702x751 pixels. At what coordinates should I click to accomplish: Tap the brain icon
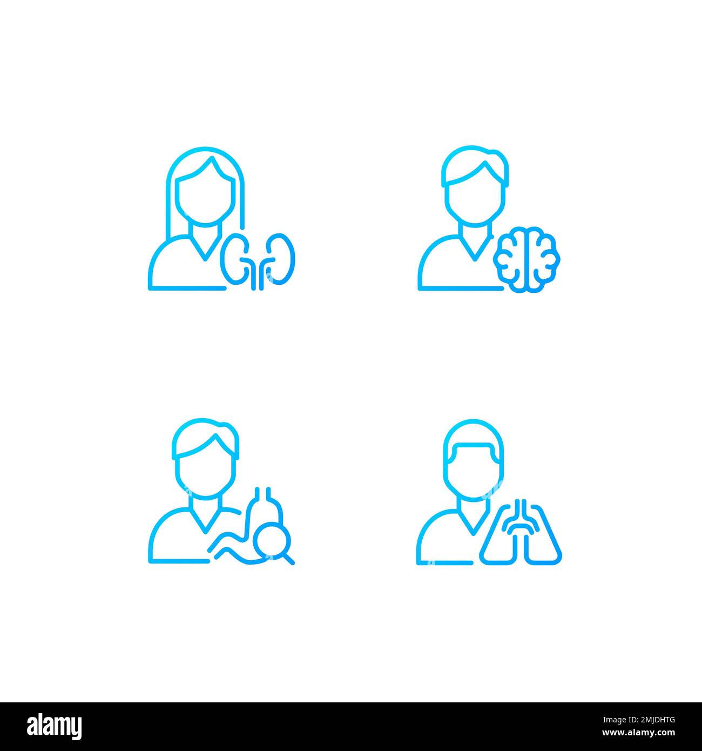pos(526,259)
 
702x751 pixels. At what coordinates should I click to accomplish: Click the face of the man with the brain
pos(475,198)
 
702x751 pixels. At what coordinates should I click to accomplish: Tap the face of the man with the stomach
pos(205,473)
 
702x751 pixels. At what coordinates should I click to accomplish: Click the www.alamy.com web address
pos(638,733)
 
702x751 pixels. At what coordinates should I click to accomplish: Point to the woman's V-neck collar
pos(205,247)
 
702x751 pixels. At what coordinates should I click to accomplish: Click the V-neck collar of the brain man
pos(475,247)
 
